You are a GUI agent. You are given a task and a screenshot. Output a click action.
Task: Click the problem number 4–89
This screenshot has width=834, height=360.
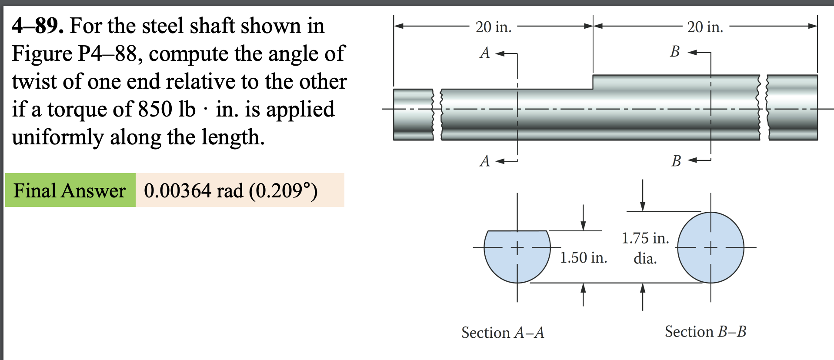pos(37,26)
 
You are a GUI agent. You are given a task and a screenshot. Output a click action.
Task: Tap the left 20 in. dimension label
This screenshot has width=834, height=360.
pos(493,27)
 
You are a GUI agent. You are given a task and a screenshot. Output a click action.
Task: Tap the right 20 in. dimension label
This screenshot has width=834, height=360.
pos(705,27)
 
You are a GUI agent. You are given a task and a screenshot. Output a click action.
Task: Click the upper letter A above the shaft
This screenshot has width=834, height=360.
pos(485,53)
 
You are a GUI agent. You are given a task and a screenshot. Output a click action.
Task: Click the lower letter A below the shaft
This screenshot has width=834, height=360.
pos(485,161)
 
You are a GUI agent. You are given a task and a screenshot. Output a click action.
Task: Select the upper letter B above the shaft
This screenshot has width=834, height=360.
pos(674,52)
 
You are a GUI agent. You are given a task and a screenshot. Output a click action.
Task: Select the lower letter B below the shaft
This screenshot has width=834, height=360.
pos(676,161)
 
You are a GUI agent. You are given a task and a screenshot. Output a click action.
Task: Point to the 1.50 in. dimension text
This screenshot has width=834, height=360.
pos(583,258)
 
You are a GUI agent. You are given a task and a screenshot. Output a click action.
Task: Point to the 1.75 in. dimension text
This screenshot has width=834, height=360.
pos(645,238)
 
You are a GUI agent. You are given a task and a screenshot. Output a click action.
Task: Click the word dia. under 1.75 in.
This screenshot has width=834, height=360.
pos(645,259)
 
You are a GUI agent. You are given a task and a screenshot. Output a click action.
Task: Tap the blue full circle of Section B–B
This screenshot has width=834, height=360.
pos(711,248)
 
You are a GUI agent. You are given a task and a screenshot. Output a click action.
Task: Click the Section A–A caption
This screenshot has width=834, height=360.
pos(503,333)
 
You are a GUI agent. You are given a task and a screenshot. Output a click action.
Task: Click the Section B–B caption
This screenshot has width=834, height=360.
pos(705,332)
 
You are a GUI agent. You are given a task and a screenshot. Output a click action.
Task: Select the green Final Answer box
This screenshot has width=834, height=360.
pos(70,190)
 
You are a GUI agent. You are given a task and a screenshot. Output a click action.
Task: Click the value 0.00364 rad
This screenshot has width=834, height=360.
pos(193,191)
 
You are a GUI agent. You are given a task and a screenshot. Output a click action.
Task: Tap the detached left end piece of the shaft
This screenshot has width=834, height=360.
pos(413,115)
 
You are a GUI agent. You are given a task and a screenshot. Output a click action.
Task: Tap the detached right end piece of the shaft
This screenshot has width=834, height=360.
pos(792,108)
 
